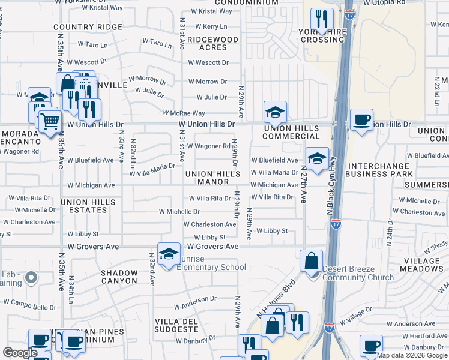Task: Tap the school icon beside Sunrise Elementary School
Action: point(169,252)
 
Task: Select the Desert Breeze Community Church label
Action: point(358,273)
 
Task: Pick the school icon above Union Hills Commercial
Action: point(275,111)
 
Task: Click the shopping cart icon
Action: point(49,121)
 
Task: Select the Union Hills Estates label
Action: point(84,206)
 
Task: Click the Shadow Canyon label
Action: point(120,277)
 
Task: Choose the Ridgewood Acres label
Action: point(212,43)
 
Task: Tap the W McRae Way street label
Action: point(185,113)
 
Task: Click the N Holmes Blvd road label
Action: point(277,297)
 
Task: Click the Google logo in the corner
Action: point(20,353)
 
